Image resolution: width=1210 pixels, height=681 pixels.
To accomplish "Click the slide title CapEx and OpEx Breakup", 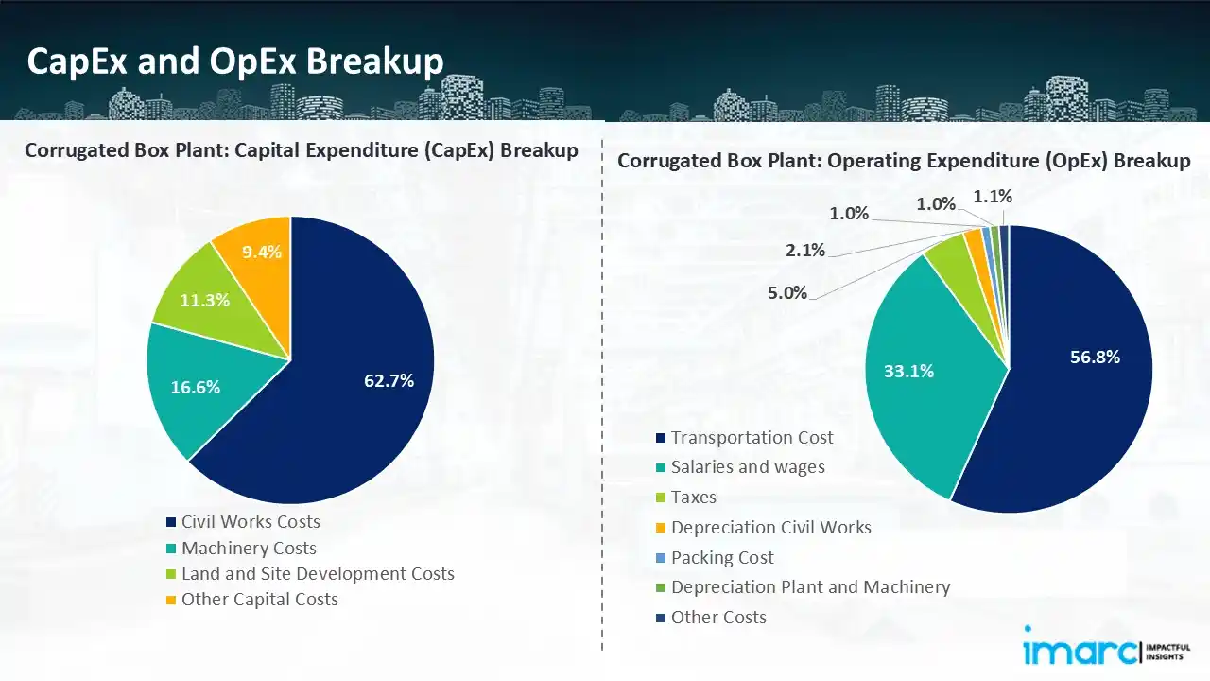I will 235,61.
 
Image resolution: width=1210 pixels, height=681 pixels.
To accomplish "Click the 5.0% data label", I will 786,292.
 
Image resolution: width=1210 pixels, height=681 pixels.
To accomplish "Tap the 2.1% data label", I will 804,251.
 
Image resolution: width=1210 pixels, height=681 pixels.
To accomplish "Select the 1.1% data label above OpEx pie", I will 992,197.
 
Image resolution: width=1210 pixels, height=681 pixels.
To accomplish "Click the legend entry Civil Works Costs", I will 251,522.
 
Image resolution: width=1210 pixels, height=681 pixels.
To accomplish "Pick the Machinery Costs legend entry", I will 249,549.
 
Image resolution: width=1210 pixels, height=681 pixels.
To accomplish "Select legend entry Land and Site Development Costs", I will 318,574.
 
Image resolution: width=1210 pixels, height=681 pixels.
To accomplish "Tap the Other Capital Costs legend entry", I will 259,600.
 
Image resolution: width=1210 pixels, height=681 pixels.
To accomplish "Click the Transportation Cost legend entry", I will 752,438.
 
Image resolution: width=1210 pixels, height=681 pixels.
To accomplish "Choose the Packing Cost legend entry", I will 722,558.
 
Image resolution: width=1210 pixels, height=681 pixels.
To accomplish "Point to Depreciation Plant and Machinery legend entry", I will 810,587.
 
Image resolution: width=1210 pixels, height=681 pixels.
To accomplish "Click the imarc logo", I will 1079,651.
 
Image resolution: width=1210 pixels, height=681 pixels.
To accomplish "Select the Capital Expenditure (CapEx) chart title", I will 302,150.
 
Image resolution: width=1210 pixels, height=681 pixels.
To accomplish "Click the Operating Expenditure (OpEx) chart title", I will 904,161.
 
